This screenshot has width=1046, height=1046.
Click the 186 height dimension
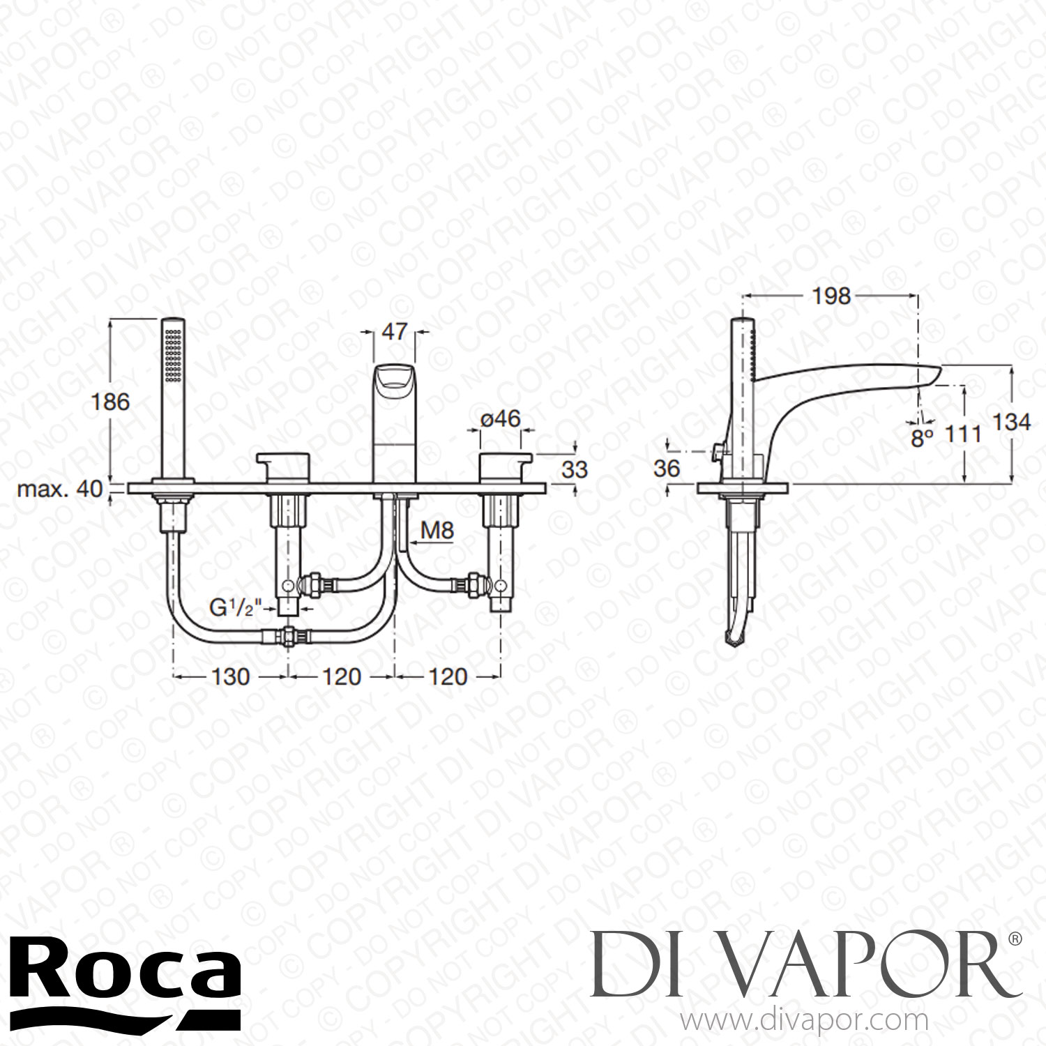pyautogui.click(x=111, y=402)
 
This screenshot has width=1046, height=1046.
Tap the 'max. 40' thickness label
pyautogui.click(x=60, y=489)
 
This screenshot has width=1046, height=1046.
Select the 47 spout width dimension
pyautogui.click(x=394, y=331)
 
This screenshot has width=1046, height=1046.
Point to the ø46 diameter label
pyautogui.click(x=501, y=418)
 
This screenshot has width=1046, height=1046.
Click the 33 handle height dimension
pyautogui.click(x=575, y=469)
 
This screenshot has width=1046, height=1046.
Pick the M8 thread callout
pyautogui.click(x=437, y=531)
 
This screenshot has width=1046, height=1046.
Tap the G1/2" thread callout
pyautogui.click(x=236, y=607)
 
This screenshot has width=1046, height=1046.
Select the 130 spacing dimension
pyautogui.click(x=229, y=676)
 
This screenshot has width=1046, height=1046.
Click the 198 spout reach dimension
pyautogui.click(x=831, y=296)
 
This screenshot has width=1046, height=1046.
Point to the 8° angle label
pyautogui.click(x=922, y=438)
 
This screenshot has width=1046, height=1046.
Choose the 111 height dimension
pyautogui.click(x=963, y=434)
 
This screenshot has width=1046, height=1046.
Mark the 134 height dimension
pyautogui.click(x=1011, y=422)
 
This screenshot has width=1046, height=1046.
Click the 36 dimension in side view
pyautogui.click(x=667, y=469)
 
